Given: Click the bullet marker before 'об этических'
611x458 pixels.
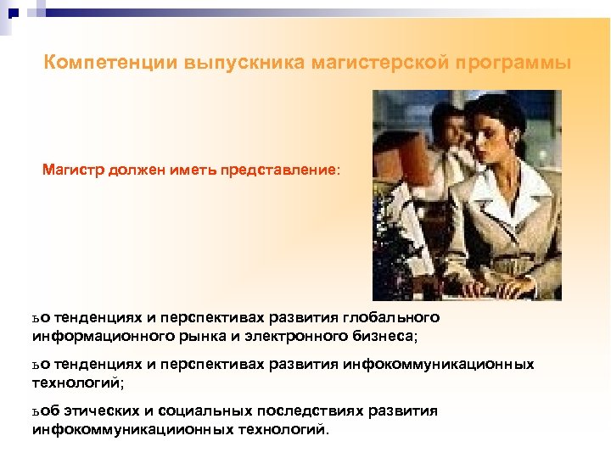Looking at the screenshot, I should pyautogui.click(x=36, y=412).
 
